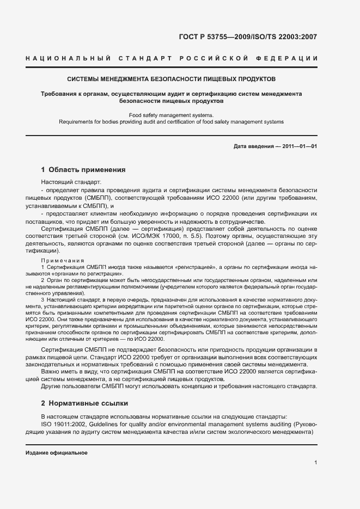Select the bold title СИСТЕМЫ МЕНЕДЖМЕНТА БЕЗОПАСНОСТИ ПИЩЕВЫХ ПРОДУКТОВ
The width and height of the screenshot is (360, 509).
[172, 79]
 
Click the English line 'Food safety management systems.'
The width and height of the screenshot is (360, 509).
[172, 115]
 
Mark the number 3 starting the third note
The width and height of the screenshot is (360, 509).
[42, 299]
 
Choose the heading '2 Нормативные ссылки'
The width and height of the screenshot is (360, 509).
[84, 403]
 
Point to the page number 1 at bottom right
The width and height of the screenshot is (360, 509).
[315, 463]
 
